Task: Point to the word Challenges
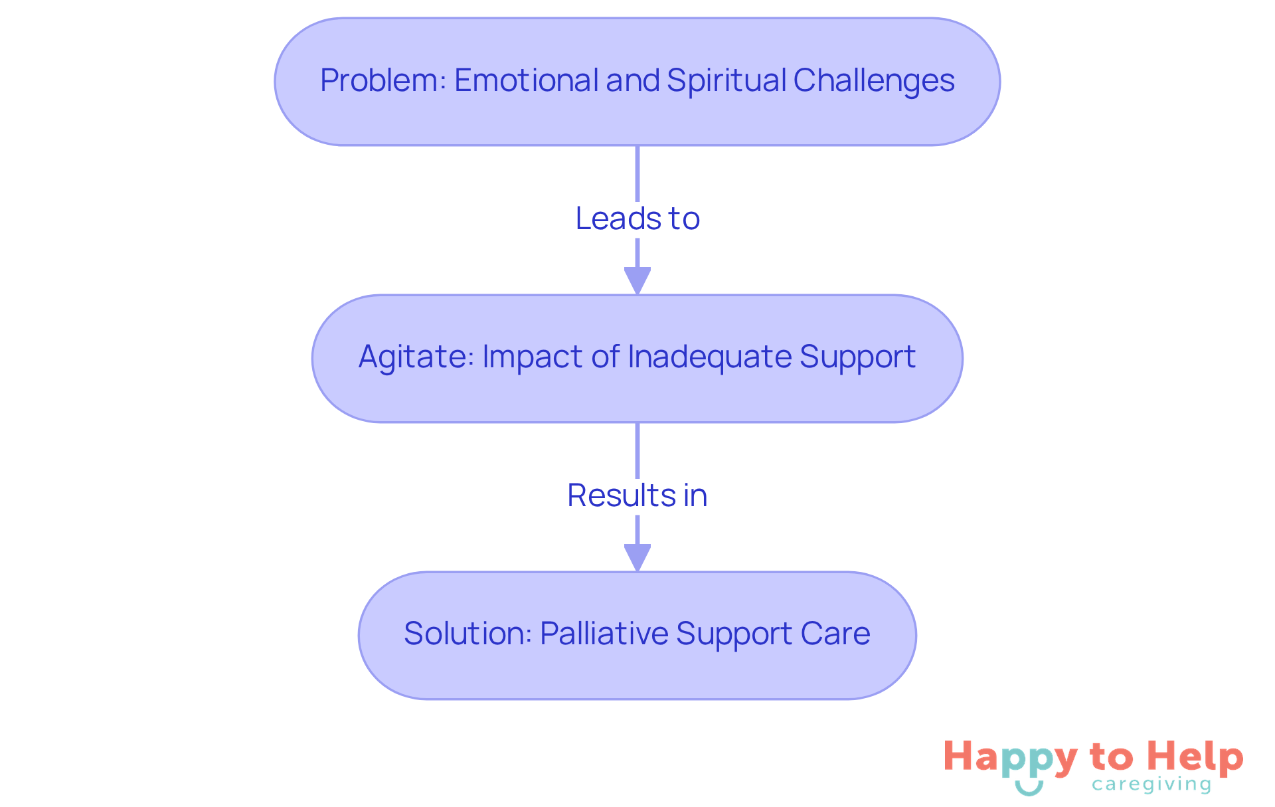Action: [873, 81]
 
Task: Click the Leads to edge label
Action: [637, 219]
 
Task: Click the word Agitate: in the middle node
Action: [416, 357]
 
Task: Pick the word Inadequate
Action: [709, 357]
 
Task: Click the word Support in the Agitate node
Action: [857, 357]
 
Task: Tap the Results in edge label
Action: [637, 495]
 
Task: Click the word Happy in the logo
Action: [1010, 758]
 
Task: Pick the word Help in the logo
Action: [1195, 757]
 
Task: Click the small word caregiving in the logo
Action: [1151, 785]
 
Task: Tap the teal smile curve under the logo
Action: [1029, 789]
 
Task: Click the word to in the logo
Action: [1112, 758]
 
